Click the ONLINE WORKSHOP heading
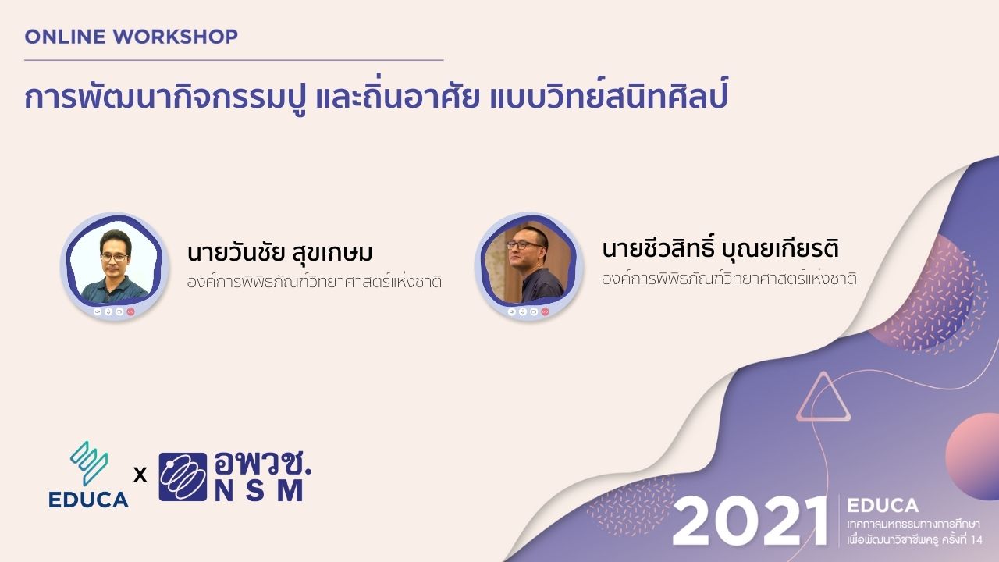[131, 36]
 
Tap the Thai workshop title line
[375, 100]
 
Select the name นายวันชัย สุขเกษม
[280, 254]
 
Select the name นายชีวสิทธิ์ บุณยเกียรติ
[720, 250]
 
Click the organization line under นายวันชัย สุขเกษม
[315, 282]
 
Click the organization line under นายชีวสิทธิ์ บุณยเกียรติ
[729, 278]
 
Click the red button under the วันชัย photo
[130, 311]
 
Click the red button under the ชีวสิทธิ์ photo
[545, 311]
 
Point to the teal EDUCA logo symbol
[88, 464]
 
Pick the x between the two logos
[140, 474]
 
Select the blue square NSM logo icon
[183, 476]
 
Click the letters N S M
[258, 491]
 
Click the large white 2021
[749, 521]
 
